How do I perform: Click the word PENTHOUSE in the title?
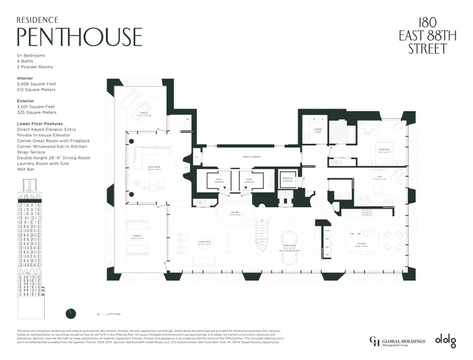(79, 36)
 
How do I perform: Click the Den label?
(379, 179)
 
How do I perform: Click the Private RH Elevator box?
(288, 179)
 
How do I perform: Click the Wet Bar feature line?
(26, 168)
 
